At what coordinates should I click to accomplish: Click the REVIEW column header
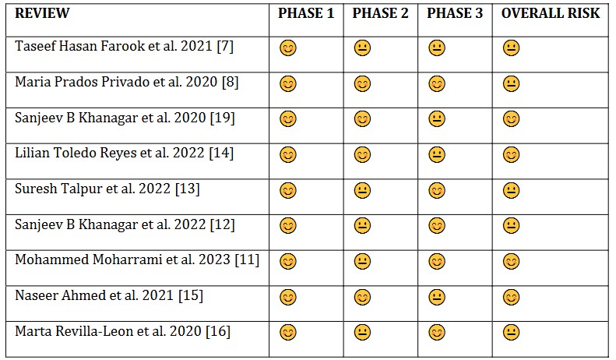42,13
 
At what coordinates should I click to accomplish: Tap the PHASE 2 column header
380,13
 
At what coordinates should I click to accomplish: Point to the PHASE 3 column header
455,13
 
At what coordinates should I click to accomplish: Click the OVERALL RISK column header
551,13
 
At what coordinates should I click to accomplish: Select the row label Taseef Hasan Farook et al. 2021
124,46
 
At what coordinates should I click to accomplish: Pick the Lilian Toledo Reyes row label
124,153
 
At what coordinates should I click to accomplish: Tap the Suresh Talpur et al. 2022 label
109,189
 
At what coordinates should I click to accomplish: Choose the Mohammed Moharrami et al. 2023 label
137,259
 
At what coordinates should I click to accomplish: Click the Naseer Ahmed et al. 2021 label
109,295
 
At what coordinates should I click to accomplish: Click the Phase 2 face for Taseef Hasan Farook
362,48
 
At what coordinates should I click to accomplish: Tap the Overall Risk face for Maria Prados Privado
511,84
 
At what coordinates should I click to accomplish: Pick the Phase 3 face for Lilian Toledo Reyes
437,155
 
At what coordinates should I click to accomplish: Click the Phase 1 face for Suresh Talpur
288,191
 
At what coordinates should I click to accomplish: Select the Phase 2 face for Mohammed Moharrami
362,262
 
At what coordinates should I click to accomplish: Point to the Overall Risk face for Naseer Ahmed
511,298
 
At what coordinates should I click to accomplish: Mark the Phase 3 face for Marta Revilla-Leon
437,334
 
